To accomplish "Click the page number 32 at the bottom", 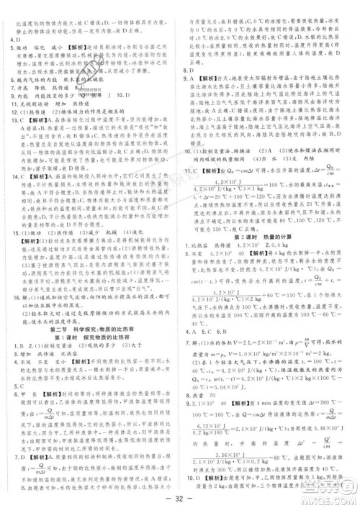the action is pyautogui.click(x=180, y=498).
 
